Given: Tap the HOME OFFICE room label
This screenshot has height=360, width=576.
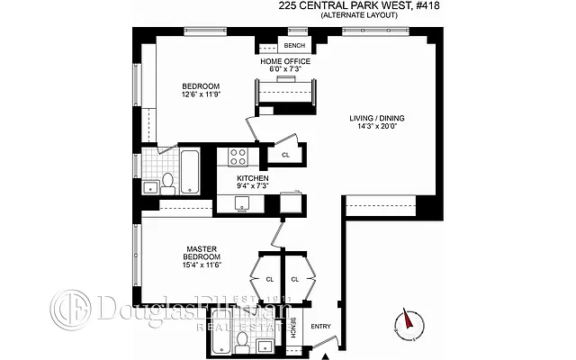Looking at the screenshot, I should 286,65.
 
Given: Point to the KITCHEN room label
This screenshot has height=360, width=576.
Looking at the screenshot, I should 253,182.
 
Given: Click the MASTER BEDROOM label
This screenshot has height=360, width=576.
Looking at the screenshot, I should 202,256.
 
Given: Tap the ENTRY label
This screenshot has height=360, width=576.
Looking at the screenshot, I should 320,326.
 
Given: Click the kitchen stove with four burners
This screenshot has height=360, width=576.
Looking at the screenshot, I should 238,157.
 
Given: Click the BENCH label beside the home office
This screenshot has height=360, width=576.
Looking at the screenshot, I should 294,45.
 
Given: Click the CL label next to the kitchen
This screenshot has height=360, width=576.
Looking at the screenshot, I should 285,156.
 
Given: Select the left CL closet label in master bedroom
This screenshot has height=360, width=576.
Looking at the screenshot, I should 269,280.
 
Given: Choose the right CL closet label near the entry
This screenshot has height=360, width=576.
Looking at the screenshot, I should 294,280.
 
